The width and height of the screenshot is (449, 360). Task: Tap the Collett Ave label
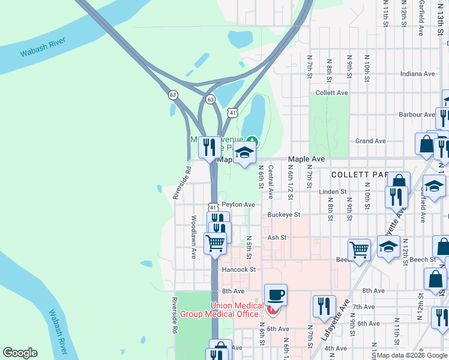(332, 93)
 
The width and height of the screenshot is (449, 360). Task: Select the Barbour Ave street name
(417, 114)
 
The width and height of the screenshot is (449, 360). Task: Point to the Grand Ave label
(370, 141)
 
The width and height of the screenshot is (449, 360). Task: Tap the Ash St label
(277, 238)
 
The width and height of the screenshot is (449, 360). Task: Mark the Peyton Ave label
(238, 205)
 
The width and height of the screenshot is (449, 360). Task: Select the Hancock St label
(239, 270)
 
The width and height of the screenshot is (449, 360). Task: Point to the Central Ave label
(271, 182)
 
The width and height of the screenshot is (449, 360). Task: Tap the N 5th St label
(249, 247)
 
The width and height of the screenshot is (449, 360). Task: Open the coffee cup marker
(276, 295)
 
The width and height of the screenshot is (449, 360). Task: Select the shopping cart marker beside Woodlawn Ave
(215, 243)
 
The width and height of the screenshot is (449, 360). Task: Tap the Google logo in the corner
(20, 353)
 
